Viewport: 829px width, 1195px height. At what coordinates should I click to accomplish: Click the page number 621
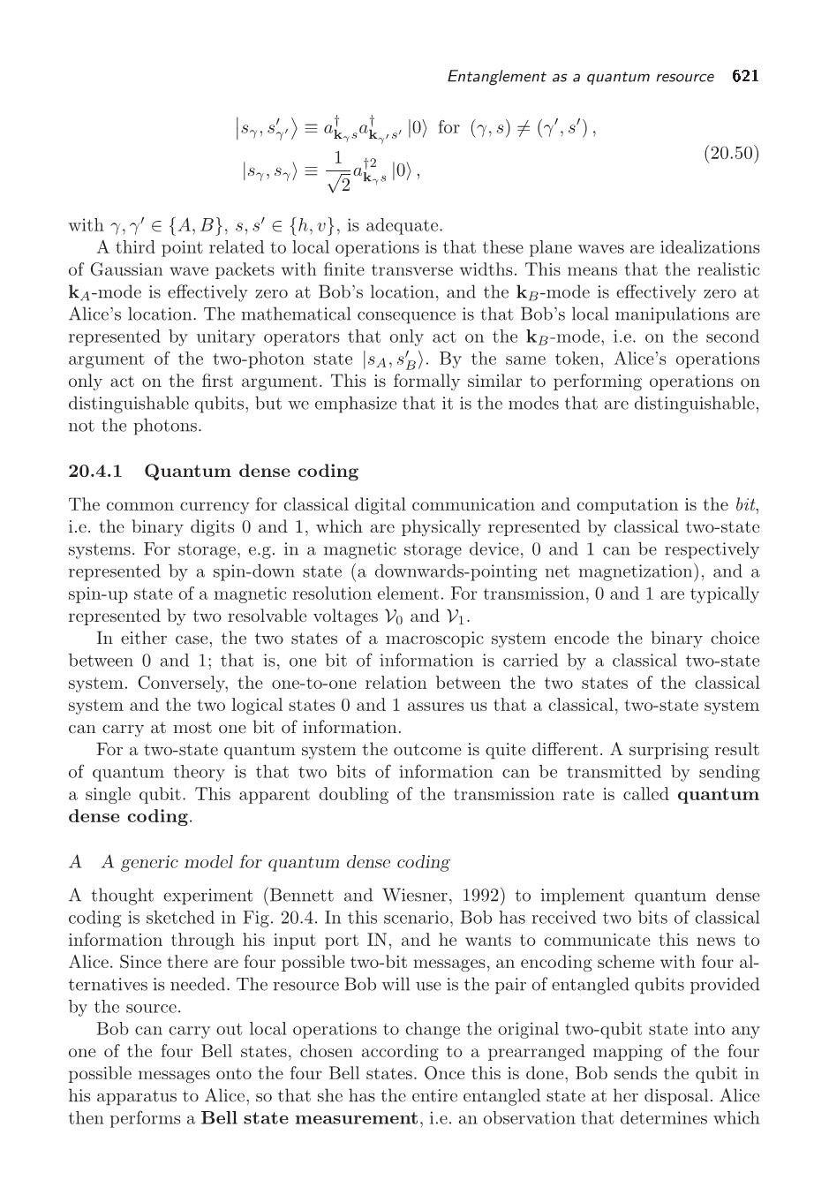pos(745,76)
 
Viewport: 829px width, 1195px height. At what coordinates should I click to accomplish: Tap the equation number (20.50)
pos(731,153)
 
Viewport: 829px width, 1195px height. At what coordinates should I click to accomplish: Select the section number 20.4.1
pos(96,471)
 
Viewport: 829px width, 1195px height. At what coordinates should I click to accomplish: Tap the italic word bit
pos(746,505)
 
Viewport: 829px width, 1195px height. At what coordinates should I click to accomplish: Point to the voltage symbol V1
pos(460,616)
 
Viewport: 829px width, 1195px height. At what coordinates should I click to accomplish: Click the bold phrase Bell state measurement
pos(309,1118)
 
